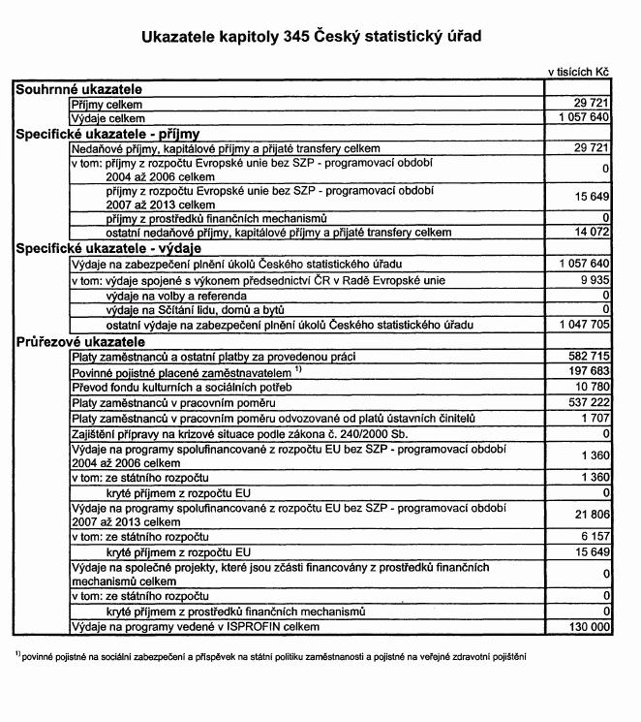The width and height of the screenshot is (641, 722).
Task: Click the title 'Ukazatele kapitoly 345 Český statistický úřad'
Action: [x=311, y=37]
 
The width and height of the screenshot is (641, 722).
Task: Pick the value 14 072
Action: [x=589, y=233]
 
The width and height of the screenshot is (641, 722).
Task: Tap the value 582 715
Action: [x=588, y=357]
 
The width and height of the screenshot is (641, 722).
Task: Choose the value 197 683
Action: [x=588, y=371]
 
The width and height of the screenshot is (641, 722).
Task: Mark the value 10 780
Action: [x=591, y=387]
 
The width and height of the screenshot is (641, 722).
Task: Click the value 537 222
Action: [x=588, y=401]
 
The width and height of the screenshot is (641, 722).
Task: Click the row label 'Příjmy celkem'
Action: [x=107, y=103]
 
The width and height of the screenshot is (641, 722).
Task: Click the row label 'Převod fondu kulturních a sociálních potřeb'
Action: [x=182, y=387]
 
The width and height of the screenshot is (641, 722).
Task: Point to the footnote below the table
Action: [x=271, y=656]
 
